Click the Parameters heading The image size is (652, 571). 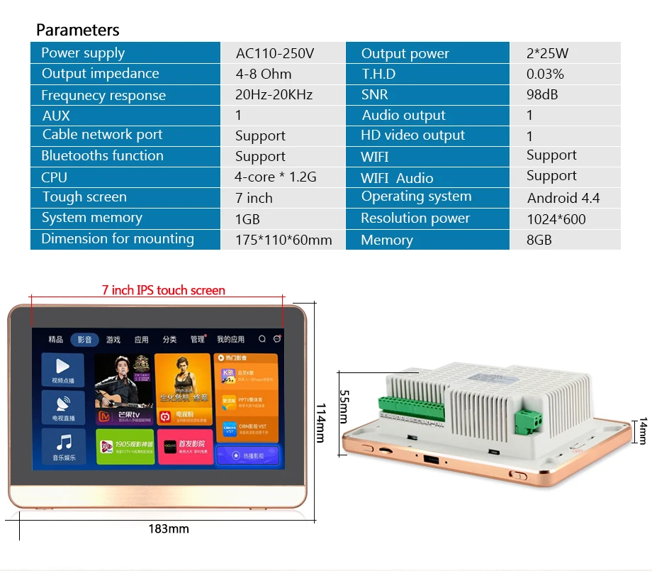tap(78, 30)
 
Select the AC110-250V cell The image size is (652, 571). tap(274, 53)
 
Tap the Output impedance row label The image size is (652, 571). tap(100, 74)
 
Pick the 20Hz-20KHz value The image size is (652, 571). tap(274, 95)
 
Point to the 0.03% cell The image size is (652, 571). tap(545, 74)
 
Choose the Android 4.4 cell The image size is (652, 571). tap(563, 198)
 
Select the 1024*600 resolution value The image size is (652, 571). tap(556, 219)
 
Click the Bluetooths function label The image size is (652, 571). tap(102, 156)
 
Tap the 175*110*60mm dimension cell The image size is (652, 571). tap(283, 240)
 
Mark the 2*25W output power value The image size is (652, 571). tap(547, 53)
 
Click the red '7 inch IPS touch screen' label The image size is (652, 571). tap(163, 290)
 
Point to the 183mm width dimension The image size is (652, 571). tap(169, 528)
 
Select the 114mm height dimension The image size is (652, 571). tap(320, 423)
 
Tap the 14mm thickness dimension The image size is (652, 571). tap(642, 431)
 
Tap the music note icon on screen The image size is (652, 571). tap(64, 443)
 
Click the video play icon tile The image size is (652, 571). tap(63, 367)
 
